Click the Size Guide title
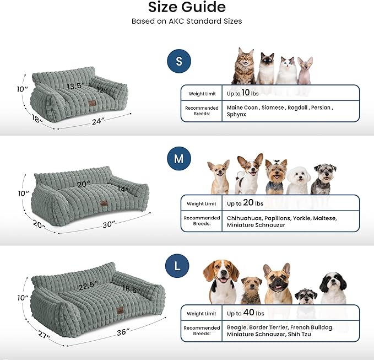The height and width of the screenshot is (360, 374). click(187, 8)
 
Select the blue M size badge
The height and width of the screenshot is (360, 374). click(178, 160)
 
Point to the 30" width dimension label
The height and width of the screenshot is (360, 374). click(109, 224)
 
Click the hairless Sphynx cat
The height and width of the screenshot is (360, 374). click(305, 70)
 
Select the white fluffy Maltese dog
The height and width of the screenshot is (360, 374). click(298, 178)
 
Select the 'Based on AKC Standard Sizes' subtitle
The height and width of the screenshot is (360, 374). click(187, 22)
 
